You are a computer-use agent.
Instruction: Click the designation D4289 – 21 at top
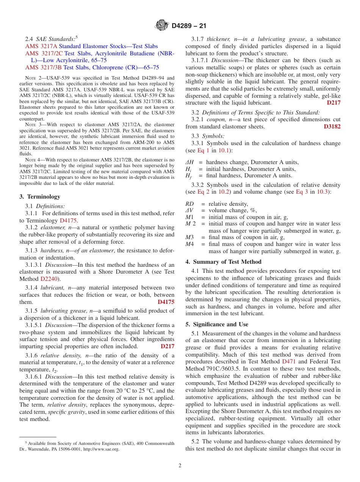click(189, 26)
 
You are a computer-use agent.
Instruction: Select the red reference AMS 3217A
click(41, 46)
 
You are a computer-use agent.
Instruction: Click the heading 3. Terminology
click(40, 197)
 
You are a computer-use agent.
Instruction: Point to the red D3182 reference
click(332, 127)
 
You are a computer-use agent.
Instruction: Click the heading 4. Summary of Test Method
click(223, 262)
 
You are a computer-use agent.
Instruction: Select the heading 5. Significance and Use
click(217, 324)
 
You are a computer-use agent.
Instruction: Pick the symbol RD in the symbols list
click(189, 204)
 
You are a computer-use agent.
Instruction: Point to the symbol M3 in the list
click(189, 238)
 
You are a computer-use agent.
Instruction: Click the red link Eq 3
click(302, 192)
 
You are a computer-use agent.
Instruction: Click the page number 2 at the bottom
click(180, 466)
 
